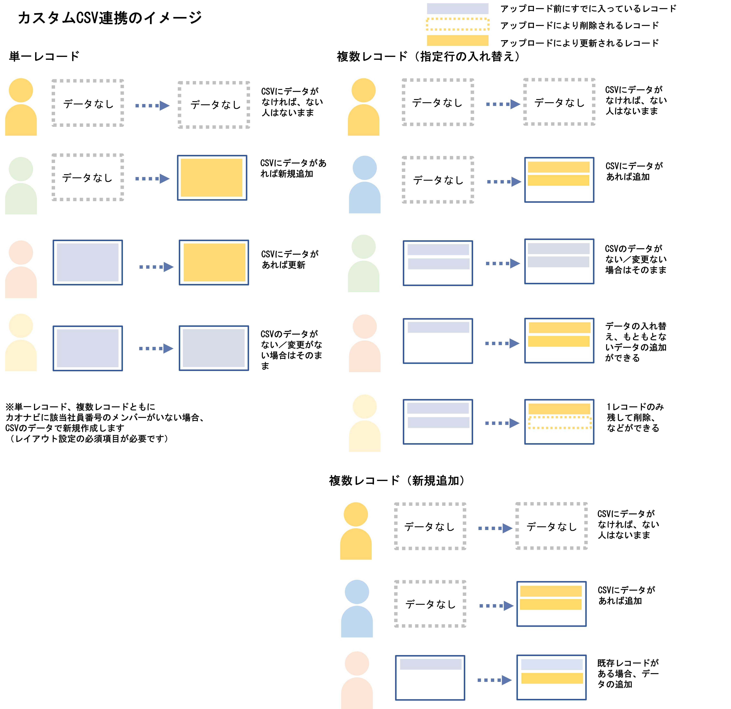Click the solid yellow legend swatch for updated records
pyautogui.click(x=458, y=40)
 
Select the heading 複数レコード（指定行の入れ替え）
pyautogui.click(x=429, y=56)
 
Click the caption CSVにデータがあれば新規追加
pyautogui.click(x=293, y=168)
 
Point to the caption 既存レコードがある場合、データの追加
pyautogui.click(x=628, y=674)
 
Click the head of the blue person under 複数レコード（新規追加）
pyautogui.click(x=357, y=592)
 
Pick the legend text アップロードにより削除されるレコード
pyautogui.click(x=580, y=25)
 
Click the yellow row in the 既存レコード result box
pyautogui.click(x=552, y=678)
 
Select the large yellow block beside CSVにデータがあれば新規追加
pyautogui.click(x=212, y=178)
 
